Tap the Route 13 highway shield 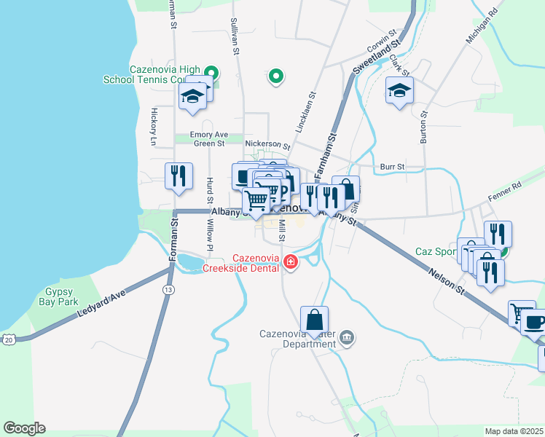pyautogui.click(x=169, y=290)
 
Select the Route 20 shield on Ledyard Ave pyautogui.click(x=8, y=339)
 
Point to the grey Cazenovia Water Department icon pyautogui.click(x=348, y=336)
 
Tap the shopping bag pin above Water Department pyautogui.click(x=314, y=320)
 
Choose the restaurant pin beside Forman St pyautogui.click(x=179, y=176)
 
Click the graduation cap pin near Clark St pyautogui.click(x=399, y=90)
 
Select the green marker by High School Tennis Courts pyautogui.click(x=211, y=72)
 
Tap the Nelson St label pyautogui.click(x=447, y=280)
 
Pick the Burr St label pyautogui.click(x=392, y=167)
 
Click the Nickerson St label pyautogui.click(x=267, y=144)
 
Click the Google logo pyautogui.click(x=24, y=428)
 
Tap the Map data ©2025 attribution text pyautogui.click(x=514, y=431)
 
